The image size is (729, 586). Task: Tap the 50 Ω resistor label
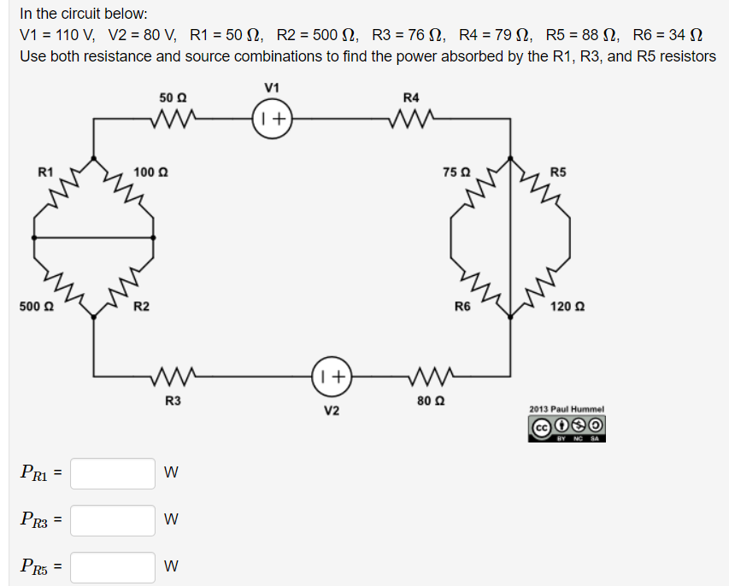[173, 98]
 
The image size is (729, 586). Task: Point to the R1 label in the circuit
[46, 172]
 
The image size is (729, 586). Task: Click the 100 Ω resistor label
[150, 173]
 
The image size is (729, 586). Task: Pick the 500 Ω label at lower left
[32, 306]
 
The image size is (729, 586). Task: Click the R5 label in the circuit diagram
[558, 172]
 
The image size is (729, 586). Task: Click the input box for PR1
[113, 472]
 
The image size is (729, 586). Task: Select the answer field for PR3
[113, 519]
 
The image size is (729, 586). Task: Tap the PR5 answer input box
[113, 566]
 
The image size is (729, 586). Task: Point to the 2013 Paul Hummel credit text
[567, 409]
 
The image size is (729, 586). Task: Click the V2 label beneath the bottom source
[332, 411]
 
